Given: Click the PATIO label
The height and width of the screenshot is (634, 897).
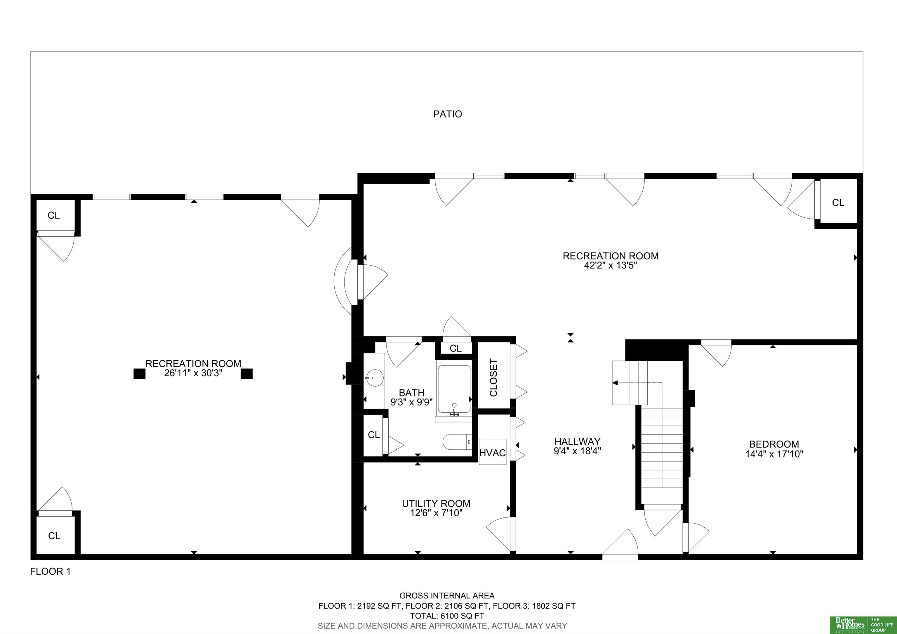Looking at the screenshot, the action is pyautogui.click(x=447, y=114).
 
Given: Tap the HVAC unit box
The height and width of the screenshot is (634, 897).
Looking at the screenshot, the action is pyautogui.click(x=493, y=452).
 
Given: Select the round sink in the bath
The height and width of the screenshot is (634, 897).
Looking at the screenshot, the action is pyautogui.click(x=374, y=378).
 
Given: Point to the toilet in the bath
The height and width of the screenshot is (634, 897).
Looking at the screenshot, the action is pyautogui.click(x=457, y=442).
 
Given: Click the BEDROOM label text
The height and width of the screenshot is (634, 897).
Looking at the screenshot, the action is pyautogui.click(x=774, y=444).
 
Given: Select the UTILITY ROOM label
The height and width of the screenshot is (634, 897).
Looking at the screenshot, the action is pyautogui.click(x=436, y=503).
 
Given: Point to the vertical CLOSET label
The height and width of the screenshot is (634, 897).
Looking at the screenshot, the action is pyautogui.click(x=493, y=377).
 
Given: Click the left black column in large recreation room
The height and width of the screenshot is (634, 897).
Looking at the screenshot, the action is pyautogui.click(x=140, y=374).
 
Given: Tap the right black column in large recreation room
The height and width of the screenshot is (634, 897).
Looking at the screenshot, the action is pyautogui.click(x=246, y=374).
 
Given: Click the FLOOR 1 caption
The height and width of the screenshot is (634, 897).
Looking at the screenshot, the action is pyautogui.click(x=51, y=571).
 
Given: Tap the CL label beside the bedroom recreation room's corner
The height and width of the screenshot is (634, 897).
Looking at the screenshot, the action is pyautogui.click(x=838, y=202).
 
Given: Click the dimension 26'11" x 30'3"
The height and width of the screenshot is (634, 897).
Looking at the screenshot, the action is pyautogui.click(x=193, y=373).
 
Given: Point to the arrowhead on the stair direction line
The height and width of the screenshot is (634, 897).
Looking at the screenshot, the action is pyautogui.click(x=615, y=383).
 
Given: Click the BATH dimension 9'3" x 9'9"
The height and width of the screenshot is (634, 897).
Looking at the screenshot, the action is pyautogui.click(x=411, y=402).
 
